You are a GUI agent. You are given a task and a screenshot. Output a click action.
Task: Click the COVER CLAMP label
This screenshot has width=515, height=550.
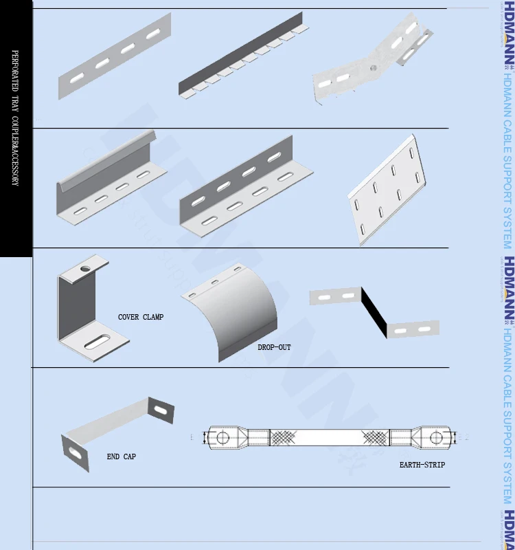tap(141, 317)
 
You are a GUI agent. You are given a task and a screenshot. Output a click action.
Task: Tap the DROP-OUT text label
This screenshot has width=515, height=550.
tap(274, 347)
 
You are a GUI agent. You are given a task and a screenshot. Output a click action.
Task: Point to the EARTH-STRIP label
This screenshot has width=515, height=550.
tap(422, 465)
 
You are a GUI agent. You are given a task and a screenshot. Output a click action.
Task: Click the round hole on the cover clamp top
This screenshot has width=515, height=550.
tap(85, 265)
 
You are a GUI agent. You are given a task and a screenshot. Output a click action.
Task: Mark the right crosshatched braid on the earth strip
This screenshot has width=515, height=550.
tap(376, 437)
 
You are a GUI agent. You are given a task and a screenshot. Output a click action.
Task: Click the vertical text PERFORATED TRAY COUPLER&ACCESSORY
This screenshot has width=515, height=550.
tap(15, 117)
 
